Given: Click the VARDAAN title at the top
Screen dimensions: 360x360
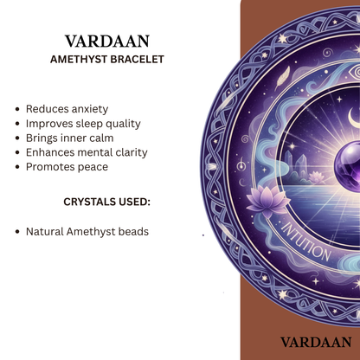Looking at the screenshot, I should click(x=106, y=42).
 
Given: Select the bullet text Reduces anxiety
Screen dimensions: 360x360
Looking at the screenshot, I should click(x=67, y=109).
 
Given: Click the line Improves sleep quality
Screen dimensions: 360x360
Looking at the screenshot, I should click(x=82, y=123).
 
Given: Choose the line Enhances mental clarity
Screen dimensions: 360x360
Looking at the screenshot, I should click(x=87, y=151).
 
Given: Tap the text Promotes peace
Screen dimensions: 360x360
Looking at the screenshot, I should click(x=67, y=166).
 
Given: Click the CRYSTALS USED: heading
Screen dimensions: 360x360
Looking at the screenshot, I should click(x=106, y=202).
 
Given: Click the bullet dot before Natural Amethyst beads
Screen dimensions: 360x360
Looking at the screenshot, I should click(x=18, y=233).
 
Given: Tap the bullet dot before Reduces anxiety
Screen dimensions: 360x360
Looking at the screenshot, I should click(x=18, y=110).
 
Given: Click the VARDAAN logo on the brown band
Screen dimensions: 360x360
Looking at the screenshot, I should click(x=315, y=343).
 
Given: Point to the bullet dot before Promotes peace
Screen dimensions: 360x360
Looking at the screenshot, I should click(x=18, y=167).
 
